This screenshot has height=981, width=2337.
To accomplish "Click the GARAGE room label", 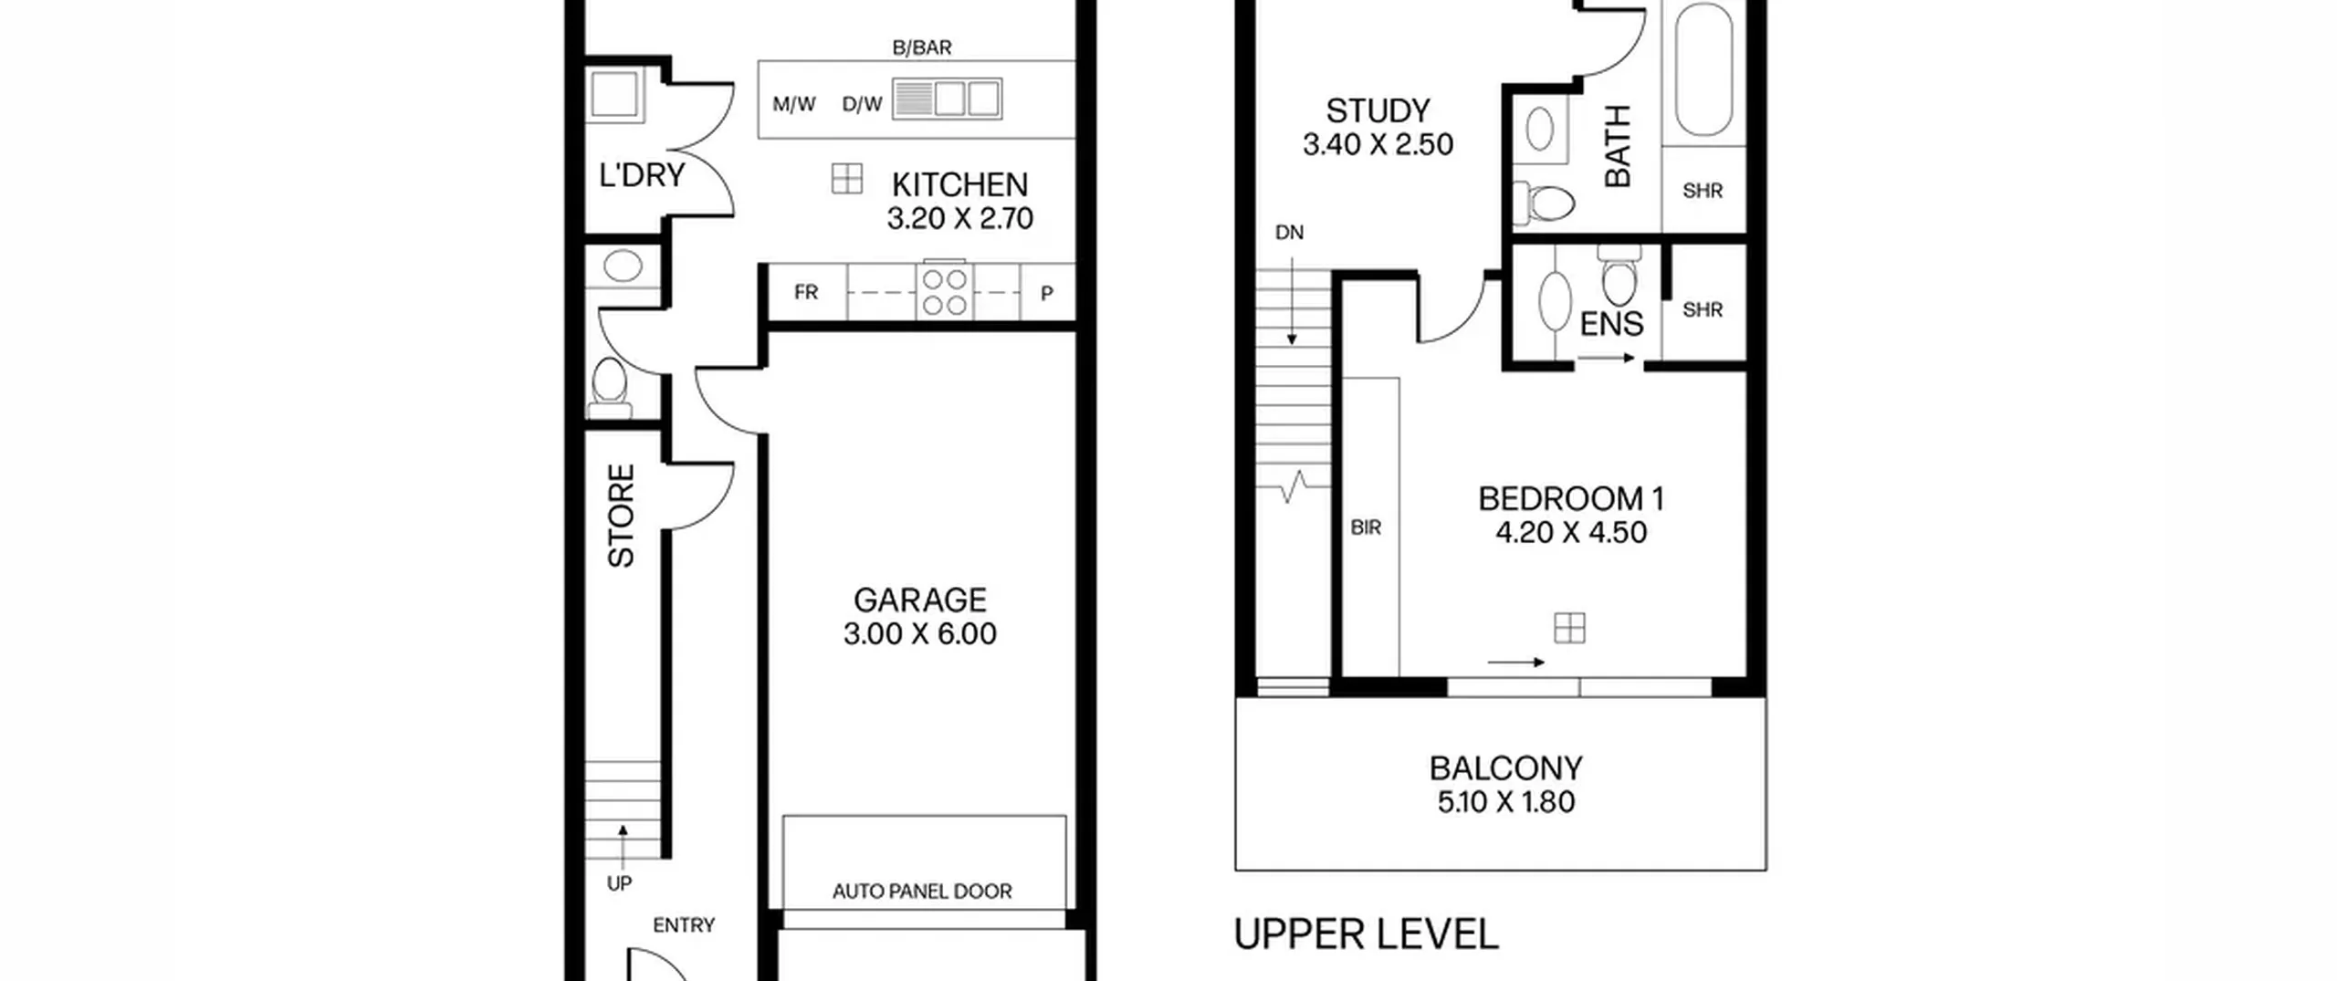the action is click(920, 600).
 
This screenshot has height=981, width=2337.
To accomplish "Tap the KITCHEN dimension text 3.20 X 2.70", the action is click(960, 219).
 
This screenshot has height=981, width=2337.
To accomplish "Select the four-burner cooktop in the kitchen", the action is click(945, 291).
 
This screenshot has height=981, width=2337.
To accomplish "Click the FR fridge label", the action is click(806, 292).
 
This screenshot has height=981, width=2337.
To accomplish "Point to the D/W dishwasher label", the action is click(862, 104).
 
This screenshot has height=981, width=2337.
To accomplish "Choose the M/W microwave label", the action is click(794, 104).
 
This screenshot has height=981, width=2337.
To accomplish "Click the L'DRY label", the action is click(642, 174).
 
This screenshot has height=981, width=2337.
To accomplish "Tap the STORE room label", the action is click(621, 516).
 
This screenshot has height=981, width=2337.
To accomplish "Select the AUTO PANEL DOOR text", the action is click(922, 891).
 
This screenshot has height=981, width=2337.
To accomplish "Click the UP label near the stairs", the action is click(619, 883).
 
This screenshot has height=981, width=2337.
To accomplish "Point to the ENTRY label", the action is click(684, 925).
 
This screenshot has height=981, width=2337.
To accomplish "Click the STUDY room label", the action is click(1378, 110).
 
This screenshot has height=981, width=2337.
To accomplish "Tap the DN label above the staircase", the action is click(1289, 233).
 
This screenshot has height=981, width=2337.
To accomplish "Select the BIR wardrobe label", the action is click(1366, 527).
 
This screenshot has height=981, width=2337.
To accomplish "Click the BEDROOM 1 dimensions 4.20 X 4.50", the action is click(1571, 533).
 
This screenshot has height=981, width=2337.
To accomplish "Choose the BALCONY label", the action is click(1506, 768).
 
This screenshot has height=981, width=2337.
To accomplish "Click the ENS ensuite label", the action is click(1611, 324).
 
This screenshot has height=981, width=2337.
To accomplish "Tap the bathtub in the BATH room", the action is click(1703, 68).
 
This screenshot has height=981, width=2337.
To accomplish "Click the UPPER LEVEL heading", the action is click(1366, 934).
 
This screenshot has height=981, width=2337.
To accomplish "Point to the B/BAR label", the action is click(922, 47).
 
